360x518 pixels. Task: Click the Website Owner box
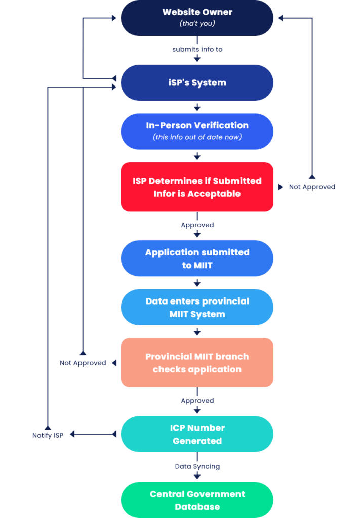[x=197, y=18]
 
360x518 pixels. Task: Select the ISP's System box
[x=197, y=82]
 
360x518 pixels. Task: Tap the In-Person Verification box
[x=197, y=131]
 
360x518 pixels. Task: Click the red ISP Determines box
[x=197, y=187]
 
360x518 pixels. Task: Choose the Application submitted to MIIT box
[x=197, y=258]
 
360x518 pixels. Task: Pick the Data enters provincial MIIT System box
[x=197, y=307]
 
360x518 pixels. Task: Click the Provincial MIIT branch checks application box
[x=197, y=363]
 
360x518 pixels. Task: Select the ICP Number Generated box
[x=197, y=434]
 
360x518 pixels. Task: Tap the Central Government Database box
[x=197, y=500]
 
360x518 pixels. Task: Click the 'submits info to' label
[x=197, y=49]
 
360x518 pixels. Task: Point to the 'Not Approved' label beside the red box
[x=312, y=187]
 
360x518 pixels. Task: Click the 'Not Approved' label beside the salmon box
[x=83, y=363]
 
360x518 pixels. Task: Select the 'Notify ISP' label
[x=48, y=435]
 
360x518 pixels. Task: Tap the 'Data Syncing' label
[x=197, y=466]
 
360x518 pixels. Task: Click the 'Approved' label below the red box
[x=197, y=225]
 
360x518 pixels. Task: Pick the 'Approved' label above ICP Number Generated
[x=197, y=401]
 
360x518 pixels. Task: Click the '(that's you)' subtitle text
[x=197, y=24]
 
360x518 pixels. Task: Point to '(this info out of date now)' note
[x=197, y=137]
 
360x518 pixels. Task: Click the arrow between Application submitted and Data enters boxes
[x=197, y=283]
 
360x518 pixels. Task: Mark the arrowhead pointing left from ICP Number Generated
[x=72, y=434]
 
